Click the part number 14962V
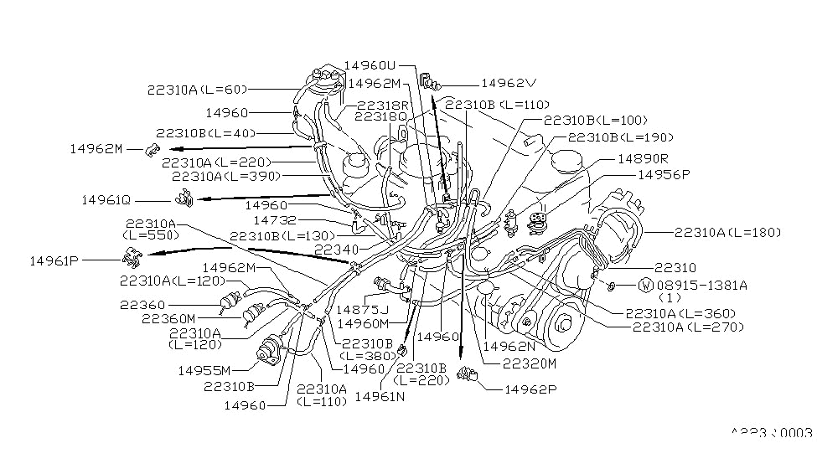pos(508,84)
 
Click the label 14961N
pos(382,396)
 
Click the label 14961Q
pos(106,200)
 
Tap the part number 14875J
pos(363,309)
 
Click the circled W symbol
pos(645,285)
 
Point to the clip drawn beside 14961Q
pos(184,199)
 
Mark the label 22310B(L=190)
pos(621,137)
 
